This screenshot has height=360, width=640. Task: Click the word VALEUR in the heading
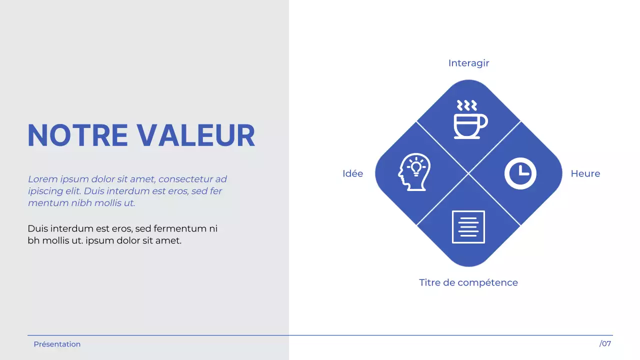196,135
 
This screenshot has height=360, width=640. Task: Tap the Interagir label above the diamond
468,63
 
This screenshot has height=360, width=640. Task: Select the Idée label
352,174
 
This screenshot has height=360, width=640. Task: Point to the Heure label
585,174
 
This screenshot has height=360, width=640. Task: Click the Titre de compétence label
468,283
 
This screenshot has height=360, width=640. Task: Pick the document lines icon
468,227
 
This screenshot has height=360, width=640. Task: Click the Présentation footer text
57,344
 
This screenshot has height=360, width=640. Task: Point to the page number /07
605,344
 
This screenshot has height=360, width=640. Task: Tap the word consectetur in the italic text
186,179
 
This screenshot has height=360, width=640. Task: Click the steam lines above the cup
466,105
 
